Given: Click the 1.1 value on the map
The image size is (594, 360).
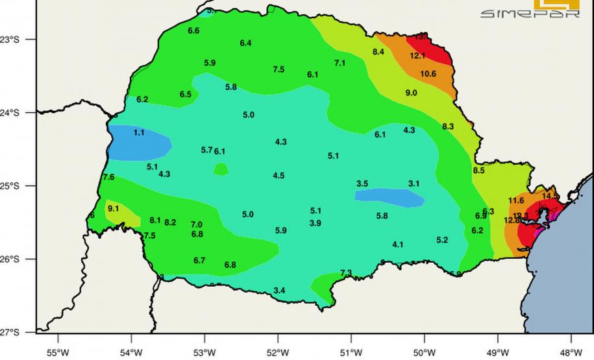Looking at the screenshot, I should [139, 133].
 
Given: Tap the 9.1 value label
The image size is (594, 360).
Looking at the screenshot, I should [113, 209].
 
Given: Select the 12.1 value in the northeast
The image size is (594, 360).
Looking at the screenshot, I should [417, 56].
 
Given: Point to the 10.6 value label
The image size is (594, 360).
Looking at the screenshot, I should [428, 74].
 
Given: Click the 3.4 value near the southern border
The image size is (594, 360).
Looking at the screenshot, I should [279, 291].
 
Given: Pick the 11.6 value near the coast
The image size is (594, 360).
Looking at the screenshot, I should [516, 201].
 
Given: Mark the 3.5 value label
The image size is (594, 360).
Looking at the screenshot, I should [362, 184].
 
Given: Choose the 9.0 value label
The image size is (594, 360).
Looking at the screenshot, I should [411, 93].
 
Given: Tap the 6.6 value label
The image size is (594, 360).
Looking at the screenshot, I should [193, 31].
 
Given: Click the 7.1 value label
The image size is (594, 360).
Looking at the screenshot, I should [340, 64].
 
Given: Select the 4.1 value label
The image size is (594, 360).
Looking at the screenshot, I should [397, 245].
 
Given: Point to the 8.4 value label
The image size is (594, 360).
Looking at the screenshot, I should [378, 52].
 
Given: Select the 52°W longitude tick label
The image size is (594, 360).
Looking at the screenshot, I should [277, 352].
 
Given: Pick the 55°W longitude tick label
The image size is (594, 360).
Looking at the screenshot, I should [58, 352].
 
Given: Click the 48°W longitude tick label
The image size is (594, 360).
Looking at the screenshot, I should [571, 352].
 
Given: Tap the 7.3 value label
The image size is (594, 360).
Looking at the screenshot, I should [346, 273].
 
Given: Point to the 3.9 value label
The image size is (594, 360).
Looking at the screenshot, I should [316, 224].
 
